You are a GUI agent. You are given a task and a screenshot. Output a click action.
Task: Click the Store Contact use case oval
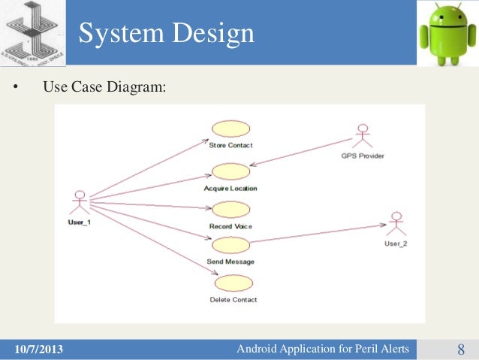[x=230, y=129]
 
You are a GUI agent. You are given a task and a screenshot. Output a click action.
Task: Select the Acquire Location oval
[x=230, y=171]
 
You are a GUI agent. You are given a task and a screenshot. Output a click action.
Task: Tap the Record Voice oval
[x=230, y=210]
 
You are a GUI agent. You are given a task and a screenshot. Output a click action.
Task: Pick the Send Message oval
[x=230, y=245]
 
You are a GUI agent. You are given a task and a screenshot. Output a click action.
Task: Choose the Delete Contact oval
[x=233, y=283]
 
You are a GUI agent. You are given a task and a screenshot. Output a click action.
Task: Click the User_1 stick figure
[x=78, y=203]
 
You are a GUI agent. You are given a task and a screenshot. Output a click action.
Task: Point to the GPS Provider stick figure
[x=363, y=136]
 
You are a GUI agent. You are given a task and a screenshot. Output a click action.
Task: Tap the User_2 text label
[x=396, y=244]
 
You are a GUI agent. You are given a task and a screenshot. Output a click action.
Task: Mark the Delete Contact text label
[x=233, y=299]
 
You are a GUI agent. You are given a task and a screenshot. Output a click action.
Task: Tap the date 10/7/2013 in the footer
[x=39, y=349]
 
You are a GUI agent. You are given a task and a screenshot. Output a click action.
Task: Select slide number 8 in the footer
[x=460, y=349]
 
